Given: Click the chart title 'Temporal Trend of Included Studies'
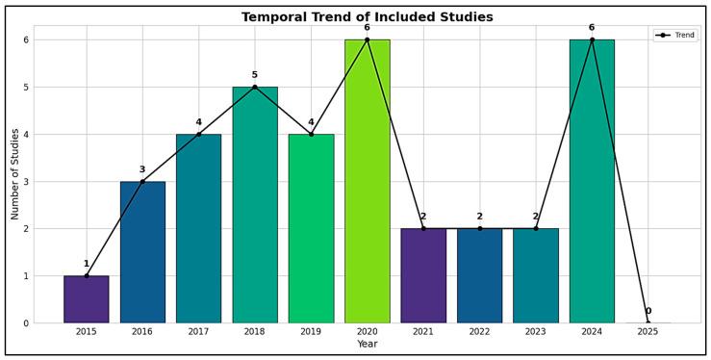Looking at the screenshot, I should [x=367, y=17].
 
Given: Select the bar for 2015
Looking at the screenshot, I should [x=87, y=299].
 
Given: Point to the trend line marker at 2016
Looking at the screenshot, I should [x=142, y=181].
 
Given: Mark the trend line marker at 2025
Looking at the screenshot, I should [x=648, y=322].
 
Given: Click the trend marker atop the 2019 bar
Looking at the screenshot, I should [x=311, y=134].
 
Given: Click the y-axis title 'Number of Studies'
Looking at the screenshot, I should [x=15, y=174].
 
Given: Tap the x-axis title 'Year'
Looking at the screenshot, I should [x=367, y=344].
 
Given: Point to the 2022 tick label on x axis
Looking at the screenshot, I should [x=479, y=331].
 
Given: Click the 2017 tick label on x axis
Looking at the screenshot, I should [x=198, y=331].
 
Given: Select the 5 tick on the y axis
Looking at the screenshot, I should [x=26, y=87].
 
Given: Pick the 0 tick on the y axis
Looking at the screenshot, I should [x=26, y=322].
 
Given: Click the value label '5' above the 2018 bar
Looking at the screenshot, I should [x=255, y=75].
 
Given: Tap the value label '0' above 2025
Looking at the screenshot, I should [x=648, y=311].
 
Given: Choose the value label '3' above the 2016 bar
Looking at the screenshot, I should [x=142, y=169].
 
